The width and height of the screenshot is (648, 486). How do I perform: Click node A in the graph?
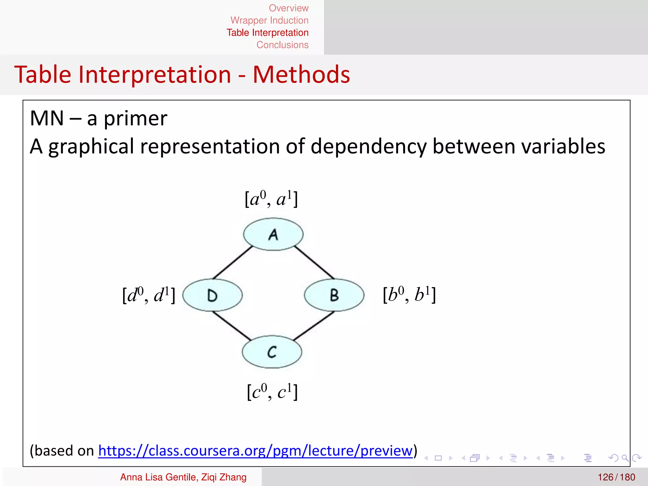[273, 234]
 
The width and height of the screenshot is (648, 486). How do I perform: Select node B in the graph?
[334, 295]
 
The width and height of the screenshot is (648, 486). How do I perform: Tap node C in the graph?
[272, 352]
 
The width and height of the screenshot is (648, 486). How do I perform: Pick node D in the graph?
[213, 295]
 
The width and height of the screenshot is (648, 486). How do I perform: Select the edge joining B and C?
[313, 326]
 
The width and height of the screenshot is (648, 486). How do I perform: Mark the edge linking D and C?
[232, 326]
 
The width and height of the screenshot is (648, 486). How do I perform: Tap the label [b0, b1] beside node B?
[409, 295]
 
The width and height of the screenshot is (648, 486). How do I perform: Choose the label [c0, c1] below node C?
[272, 392]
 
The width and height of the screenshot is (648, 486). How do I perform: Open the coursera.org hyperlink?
[255, 451]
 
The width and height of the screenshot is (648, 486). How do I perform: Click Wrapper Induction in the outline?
[269, 20]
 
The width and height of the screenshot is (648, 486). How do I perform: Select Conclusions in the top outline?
[282, 45]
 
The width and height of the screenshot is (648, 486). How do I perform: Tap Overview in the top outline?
[289, 8]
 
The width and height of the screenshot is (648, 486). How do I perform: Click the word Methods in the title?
[301, 75]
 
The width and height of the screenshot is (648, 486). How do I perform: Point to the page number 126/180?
[616, 477]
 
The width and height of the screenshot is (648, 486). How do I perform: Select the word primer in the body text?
[135, 119]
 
